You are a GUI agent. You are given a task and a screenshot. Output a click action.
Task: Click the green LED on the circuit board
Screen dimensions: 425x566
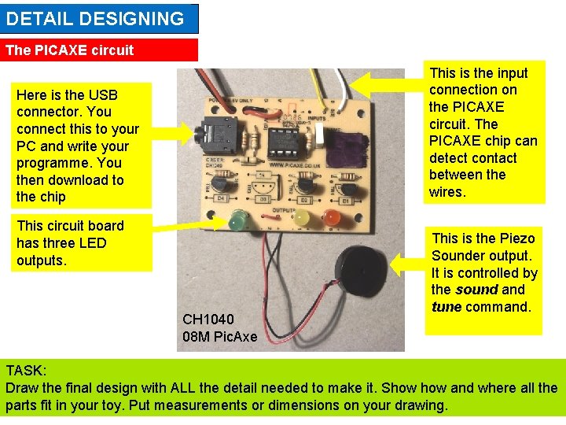coord(237,220)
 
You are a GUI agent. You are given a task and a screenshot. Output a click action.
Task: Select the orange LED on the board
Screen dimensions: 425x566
coord(333,217)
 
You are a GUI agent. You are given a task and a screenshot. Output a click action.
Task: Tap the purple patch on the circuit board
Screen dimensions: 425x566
coord(344,146)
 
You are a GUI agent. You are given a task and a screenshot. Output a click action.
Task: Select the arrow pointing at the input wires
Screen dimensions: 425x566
coord(385,83)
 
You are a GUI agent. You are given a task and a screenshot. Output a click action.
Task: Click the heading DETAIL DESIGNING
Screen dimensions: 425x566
coord(95,19)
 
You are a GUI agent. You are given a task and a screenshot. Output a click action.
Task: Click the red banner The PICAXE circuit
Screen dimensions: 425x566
coord(70,50)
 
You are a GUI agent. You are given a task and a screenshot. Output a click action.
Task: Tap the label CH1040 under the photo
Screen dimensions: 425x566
coord(208,320)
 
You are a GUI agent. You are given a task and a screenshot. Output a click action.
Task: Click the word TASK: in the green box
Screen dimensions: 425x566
coord(26,371)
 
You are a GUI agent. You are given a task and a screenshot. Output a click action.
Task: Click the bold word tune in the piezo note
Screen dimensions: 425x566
coord(447,307)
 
